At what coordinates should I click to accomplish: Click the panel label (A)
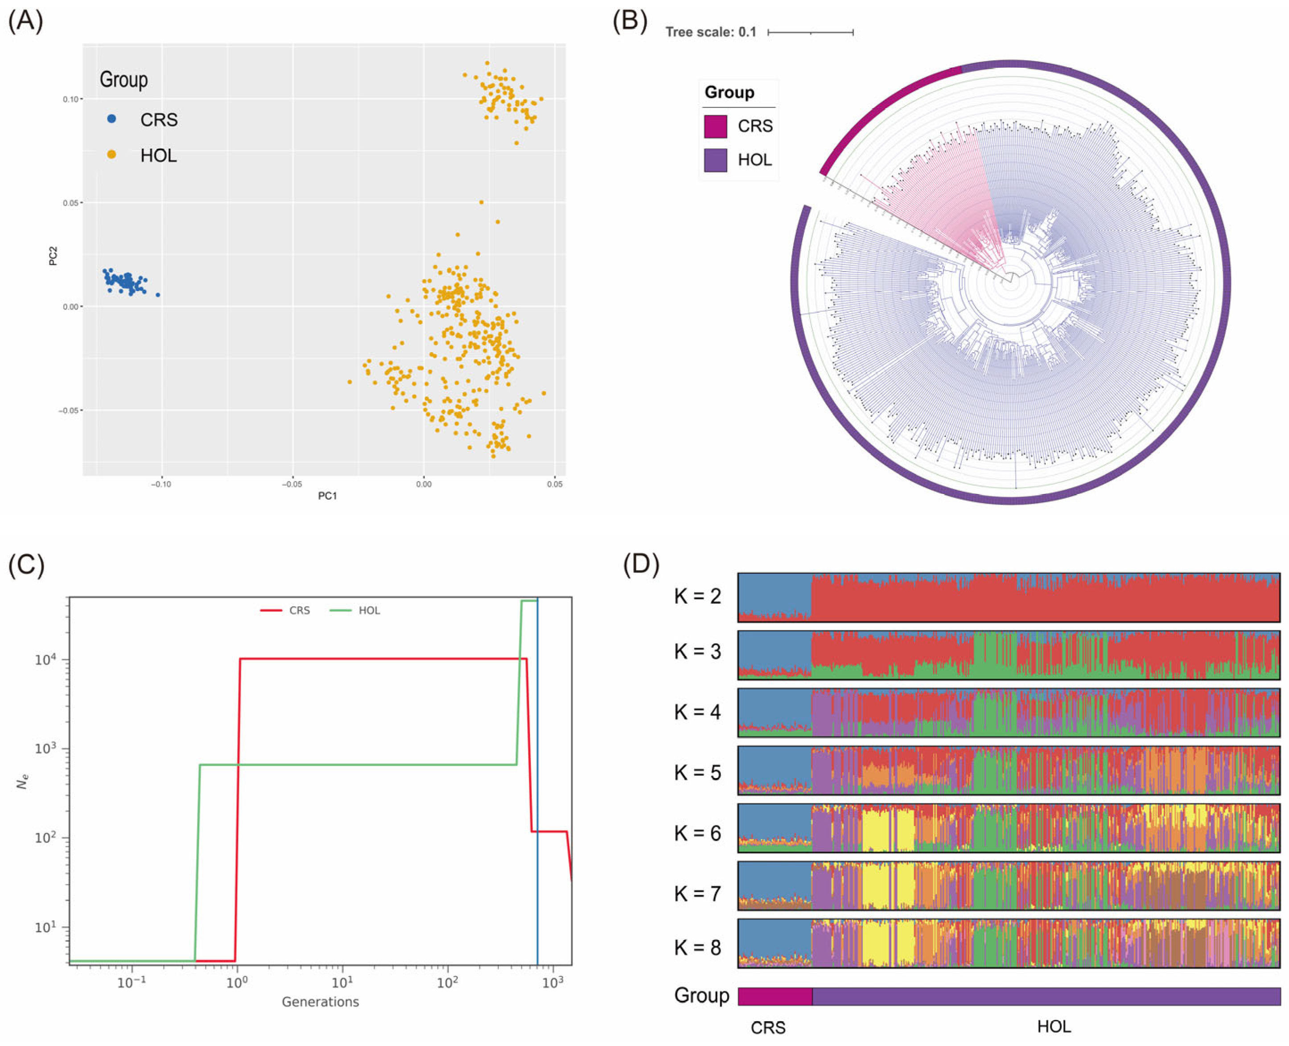pos(25,22)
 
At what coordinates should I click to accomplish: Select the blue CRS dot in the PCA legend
pos(111,119)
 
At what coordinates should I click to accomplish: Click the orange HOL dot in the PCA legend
pos(111,155)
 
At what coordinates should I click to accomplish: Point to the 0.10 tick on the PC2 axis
pos(71,99)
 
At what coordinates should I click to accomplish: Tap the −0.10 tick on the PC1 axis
pos(161,484)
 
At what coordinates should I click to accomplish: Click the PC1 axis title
pos(327,496)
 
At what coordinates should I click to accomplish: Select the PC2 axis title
pos(53,255)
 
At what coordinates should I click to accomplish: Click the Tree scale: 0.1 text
pos(710,32)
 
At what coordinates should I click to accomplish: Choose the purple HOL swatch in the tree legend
pos(715,160)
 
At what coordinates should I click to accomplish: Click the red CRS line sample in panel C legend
pos(271,610)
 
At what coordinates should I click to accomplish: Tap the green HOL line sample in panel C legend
pos(341,610)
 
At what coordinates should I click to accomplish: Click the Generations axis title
pos(320,1001)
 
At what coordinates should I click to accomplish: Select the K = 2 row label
pos(697,597)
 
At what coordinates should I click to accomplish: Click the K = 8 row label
pos(697,948)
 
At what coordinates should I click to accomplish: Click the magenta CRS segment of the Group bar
pos(775,996)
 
